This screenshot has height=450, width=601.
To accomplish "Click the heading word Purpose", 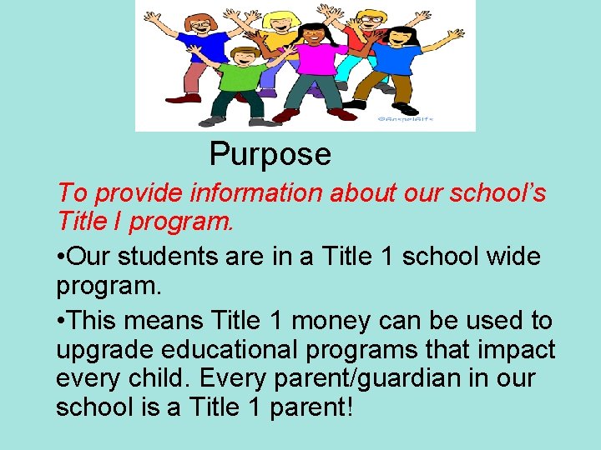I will coord(270,154).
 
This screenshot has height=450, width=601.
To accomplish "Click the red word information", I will coord(256,193).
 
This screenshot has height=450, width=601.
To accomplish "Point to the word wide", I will coord(511,257).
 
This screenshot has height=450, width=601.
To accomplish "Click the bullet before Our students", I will coord(61,257).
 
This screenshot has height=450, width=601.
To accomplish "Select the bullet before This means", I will coord(61,320).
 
